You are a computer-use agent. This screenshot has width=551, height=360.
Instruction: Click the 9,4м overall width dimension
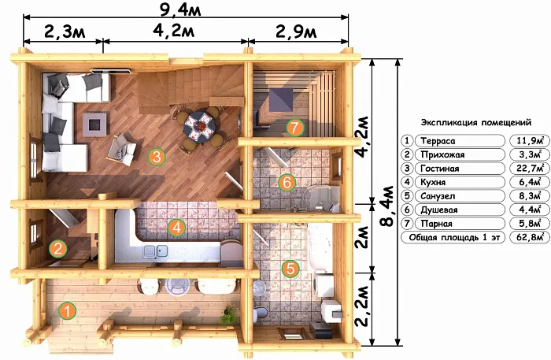click(180, 9)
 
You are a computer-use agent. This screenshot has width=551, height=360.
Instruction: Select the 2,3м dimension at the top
click(65, 32)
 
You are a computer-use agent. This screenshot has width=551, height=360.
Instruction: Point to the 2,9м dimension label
click(296, 32)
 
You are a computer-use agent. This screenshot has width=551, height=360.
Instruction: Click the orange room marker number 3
click(157, 157)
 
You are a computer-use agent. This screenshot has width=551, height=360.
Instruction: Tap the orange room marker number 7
click(294, 128)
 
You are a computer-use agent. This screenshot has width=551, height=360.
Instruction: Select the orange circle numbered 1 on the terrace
click(67, 311)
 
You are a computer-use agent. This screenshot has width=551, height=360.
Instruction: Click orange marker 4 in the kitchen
click(177, 228)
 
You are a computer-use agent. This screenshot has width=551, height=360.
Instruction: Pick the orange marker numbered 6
click(287, 183)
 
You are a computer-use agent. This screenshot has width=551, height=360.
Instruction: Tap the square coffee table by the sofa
click(94, 124)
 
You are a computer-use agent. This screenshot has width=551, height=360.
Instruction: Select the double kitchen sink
click(155, 251)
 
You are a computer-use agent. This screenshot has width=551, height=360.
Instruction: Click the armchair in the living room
click(122, 150)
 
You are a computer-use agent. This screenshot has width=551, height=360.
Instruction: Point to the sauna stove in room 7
click(281, 99)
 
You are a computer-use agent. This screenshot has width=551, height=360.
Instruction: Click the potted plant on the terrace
click(230, 315)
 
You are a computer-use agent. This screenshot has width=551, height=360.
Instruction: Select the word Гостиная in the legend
click(439, 169)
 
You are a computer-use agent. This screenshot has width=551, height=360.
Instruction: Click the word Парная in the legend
click(436, 224)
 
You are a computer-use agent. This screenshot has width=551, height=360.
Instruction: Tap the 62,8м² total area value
click(528, 237)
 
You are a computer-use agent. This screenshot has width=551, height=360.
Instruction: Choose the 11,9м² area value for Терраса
click(529, 141)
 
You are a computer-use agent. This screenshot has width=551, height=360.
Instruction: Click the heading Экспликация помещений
click(476, 123)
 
